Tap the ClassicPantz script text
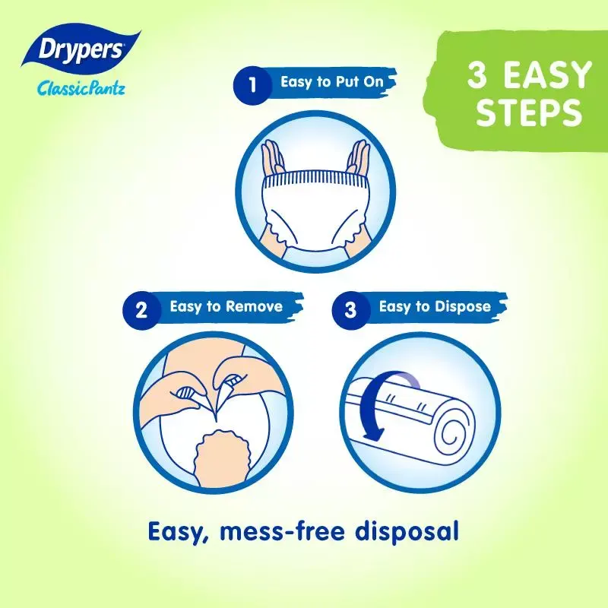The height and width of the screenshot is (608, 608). pyautogui.click(x=81, y=88)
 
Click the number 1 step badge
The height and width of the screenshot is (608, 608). pyautogui.click(x=252, y=85)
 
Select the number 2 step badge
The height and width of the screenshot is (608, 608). pyautogui.click(x=141, y=310)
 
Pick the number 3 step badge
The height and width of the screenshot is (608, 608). pyautogui.click(x=350, y=310)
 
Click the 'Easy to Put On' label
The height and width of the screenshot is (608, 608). pyautogui.click(x=332, y=82)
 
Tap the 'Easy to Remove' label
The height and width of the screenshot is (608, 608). pyautogui.click(x=226, y=306)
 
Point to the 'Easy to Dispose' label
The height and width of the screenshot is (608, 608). pyautogui.click(x=435, y=306)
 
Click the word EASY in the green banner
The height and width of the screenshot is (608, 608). pyautogui.click(x=547, y=74)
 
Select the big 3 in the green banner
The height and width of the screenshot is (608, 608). pyautogui.click(x=477, y=74)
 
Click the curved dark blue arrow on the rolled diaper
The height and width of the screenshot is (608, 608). pyautogui.click(x=367, y=404)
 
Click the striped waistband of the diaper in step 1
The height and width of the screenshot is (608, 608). pyautogui.click(x=315, y=179)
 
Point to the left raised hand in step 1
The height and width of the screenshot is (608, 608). pyautogui.click(x=273, y=157)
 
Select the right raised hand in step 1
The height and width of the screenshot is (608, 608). pyautogui.click(x=358, y=157)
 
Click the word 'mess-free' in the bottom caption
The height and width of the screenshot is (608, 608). pyautogui.click(x=282, y=531)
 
